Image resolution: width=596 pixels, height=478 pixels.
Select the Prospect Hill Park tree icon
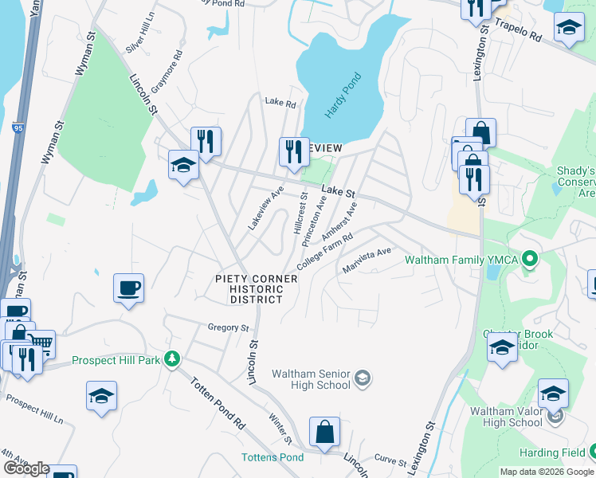tap(170, 359)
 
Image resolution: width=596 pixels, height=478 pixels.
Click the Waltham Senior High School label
tap(312, 379)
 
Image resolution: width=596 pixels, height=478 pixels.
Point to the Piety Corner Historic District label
tap(256, 289)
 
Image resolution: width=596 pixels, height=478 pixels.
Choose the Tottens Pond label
tap(273, 457)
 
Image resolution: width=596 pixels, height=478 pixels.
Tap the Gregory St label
tap(229, 327)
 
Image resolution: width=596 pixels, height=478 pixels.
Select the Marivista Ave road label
tap(367, 259)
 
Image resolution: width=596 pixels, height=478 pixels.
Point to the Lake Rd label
tap(280, 103)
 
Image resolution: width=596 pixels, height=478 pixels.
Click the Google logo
tap(26, 469)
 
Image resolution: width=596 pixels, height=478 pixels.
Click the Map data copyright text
tap(546, 472)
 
